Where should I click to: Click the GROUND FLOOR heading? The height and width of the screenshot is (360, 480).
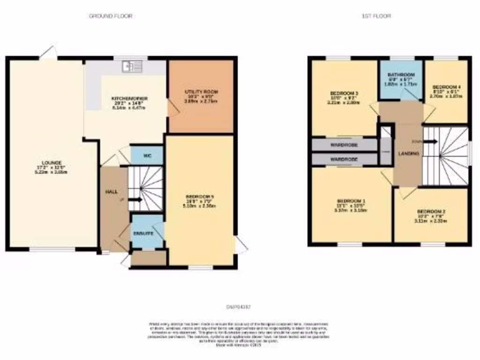111,16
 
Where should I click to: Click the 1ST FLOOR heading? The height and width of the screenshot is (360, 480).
376,16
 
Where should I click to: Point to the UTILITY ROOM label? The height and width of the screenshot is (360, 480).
202,91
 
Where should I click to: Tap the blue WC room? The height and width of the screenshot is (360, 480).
146,155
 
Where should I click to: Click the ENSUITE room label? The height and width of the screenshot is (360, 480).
146,233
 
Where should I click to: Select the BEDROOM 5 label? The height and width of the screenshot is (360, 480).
198,196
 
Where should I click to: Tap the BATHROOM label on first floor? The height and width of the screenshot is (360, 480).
400,75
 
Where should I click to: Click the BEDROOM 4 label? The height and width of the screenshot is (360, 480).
446,87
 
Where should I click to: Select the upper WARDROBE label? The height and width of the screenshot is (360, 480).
344,145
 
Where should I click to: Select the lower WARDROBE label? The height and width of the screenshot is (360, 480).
344,159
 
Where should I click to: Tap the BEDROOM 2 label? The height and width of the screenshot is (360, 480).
431,211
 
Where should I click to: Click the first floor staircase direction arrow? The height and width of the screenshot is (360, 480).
431,141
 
